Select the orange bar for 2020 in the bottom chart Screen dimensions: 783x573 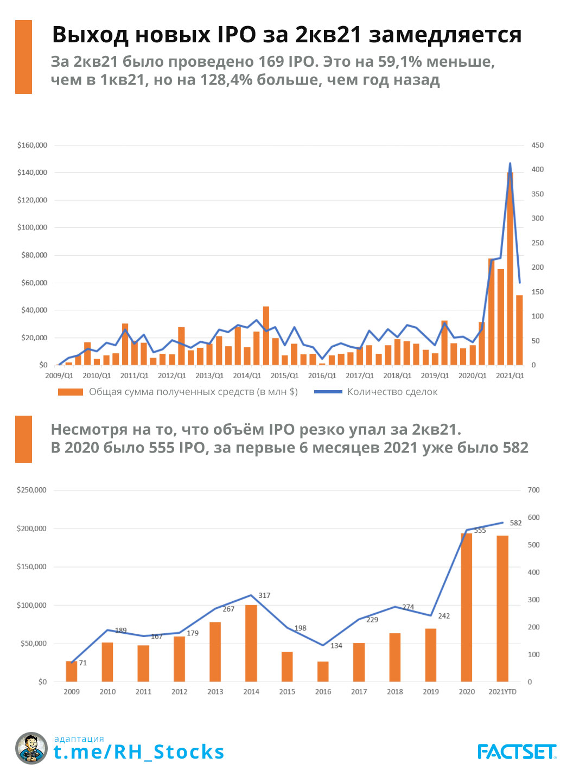pyautogui.click(x=467, y=607)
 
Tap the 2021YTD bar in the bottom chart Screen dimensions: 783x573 pyautogui.click(x=502, y=608)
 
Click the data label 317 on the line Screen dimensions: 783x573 pyautogui.click(x=264, y=595)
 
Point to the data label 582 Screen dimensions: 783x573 pyautogui.click(x=515, y=523)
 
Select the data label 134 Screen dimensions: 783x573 pyautogui.click(x=336, y=646)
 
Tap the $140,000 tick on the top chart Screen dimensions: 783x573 pyautogui.click(x=32, y=173)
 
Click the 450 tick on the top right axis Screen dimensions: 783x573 pyautogui.click(x=537, y=145)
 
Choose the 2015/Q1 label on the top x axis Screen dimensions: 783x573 pyautogui.click(x=284, y=375)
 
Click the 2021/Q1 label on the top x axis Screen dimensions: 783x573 pyautogui.click(x=510, y=375)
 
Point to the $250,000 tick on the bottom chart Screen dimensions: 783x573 pyautogui.click(x=31, y=490)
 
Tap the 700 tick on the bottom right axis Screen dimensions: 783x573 pyautogui.click(x=534, y=490)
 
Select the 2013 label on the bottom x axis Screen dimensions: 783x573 pyautogui.click(x=215, y=692)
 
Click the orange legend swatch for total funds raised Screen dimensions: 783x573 pyautogui.click(x=71, y=392)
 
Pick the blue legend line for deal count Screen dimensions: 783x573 pyautogui.click(x=328, y=392)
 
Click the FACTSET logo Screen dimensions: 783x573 pyautogui.click(x=517, y=752)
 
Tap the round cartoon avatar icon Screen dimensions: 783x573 pyautogui.click(x=31, y=748)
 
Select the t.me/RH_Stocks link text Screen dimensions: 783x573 pyautogui.click(x=139, y=752)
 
